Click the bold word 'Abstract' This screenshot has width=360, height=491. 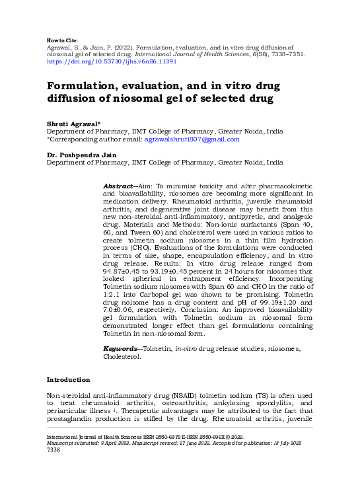coord(118,187)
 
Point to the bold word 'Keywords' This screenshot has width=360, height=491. coord(122,348)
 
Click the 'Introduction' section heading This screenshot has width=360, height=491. coord(68,380)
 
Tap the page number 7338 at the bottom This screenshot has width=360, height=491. coord(53,469)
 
